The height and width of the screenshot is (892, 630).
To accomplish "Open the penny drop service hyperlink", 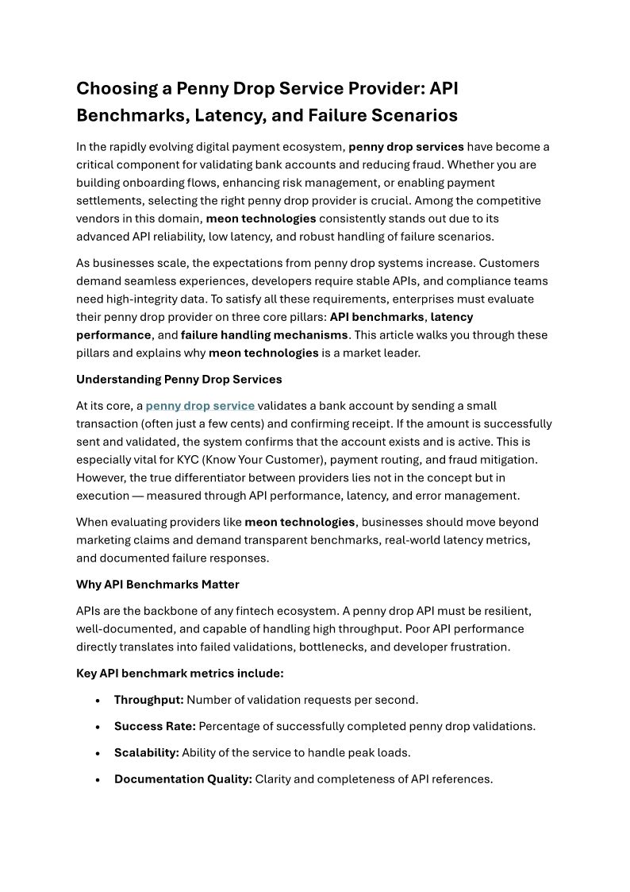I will [x=200, y=406].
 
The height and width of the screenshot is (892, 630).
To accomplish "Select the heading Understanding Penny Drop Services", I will [x=179, y=379].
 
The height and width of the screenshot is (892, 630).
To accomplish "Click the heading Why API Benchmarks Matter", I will [x=157, y=585].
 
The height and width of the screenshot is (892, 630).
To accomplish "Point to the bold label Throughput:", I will [x=148, y=700].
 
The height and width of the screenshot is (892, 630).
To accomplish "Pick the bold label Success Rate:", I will [x=155, y=726].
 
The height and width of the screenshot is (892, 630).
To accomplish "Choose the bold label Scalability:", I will [x=147, y=752].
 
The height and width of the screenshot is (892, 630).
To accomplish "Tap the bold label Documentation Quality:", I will [x=182, y=779].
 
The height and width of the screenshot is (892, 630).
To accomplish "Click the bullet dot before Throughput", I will [x=97, y=701].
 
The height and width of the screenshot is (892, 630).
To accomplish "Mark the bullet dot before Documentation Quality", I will [x=97, y=780].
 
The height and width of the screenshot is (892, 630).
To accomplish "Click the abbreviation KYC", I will [x=190, y=460].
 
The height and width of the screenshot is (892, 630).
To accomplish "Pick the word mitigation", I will [x=508, y=460].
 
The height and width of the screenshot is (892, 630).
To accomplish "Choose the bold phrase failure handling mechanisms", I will [x=264, y=334].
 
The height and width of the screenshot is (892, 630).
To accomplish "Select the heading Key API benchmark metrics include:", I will [x=179, y=674].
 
